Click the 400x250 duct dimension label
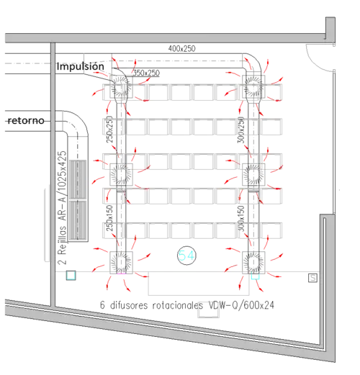[181, 49]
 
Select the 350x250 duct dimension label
[146, 73]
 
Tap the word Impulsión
[81, 66]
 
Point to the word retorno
[26, 120]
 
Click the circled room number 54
[186, 256]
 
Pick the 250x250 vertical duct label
[109, 130]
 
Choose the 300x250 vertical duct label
[240, 130]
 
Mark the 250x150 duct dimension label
[109, 218]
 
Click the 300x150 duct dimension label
[240, 218]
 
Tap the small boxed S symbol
[312, 278]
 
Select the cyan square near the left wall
[71, 276]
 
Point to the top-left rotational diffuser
[121, 86]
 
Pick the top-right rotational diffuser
[253, 86]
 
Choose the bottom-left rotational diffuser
[121, 263]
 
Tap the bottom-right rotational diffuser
[253, 263]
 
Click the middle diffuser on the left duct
[121, 174]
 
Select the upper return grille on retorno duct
[78, 179]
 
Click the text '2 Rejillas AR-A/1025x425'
[62, 208]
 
